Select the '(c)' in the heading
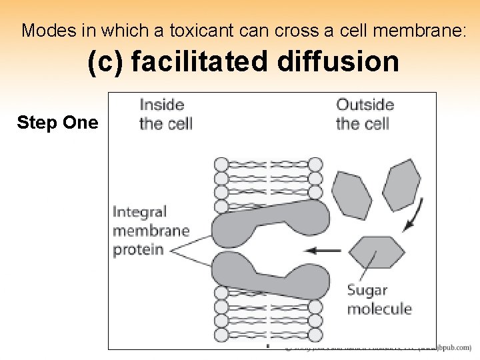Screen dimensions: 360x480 (x=105, y=62)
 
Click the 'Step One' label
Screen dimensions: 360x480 (x=57, y=123)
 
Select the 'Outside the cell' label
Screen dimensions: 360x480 (x=365, y=114)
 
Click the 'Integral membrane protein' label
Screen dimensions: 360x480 (x=151, y=231)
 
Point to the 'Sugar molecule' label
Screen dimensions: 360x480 (x=379, y=299)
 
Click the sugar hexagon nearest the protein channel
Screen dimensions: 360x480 (x=377, y=253)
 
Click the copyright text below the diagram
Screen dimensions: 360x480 (x=377, y=347)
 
